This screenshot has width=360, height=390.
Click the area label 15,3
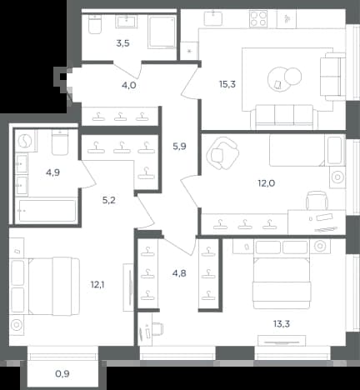tap(227, 84)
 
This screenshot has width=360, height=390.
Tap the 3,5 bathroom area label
tap(122, 43)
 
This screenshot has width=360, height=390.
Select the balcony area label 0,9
tap(62, 374)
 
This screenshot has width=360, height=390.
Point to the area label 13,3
tap(282, 323)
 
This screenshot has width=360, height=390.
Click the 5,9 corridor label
tap(179, 146)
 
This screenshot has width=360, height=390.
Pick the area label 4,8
tap(179, 273)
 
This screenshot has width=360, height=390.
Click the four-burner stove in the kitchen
tap(258, 19)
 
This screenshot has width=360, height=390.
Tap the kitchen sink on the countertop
tap(213, 17)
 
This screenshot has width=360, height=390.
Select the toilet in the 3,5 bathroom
tap(95, 24)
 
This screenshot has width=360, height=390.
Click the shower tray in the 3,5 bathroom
tap(162, 32)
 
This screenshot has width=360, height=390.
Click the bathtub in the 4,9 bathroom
tap(47, 211)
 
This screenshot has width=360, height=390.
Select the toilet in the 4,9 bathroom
tap(60, 142)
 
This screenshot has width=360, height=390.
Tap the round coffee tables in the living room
tap(284, 78)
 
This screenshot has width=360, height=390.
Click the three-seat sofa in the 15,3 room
tap(284, 117)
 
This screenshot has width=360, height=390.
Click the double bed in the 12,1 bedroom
tap(53, 286)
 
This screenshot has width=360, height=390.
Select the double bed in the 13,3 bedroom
tap(281, 282)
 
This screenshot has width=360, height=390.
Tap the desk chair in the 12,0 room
tap(317, 200)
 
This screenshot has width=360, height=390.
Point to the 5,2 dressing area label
tap(108, 200)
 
